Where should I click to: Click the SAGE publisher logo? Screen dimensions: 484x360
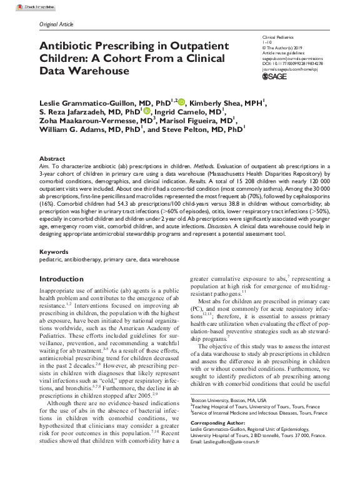276,76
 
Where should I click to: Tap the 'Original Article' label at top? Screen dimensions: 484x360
56,24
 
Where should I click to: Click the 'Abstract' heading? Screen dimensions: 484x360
51,158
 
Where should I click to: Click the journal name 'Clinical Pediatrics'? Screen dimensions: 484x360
278,38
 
